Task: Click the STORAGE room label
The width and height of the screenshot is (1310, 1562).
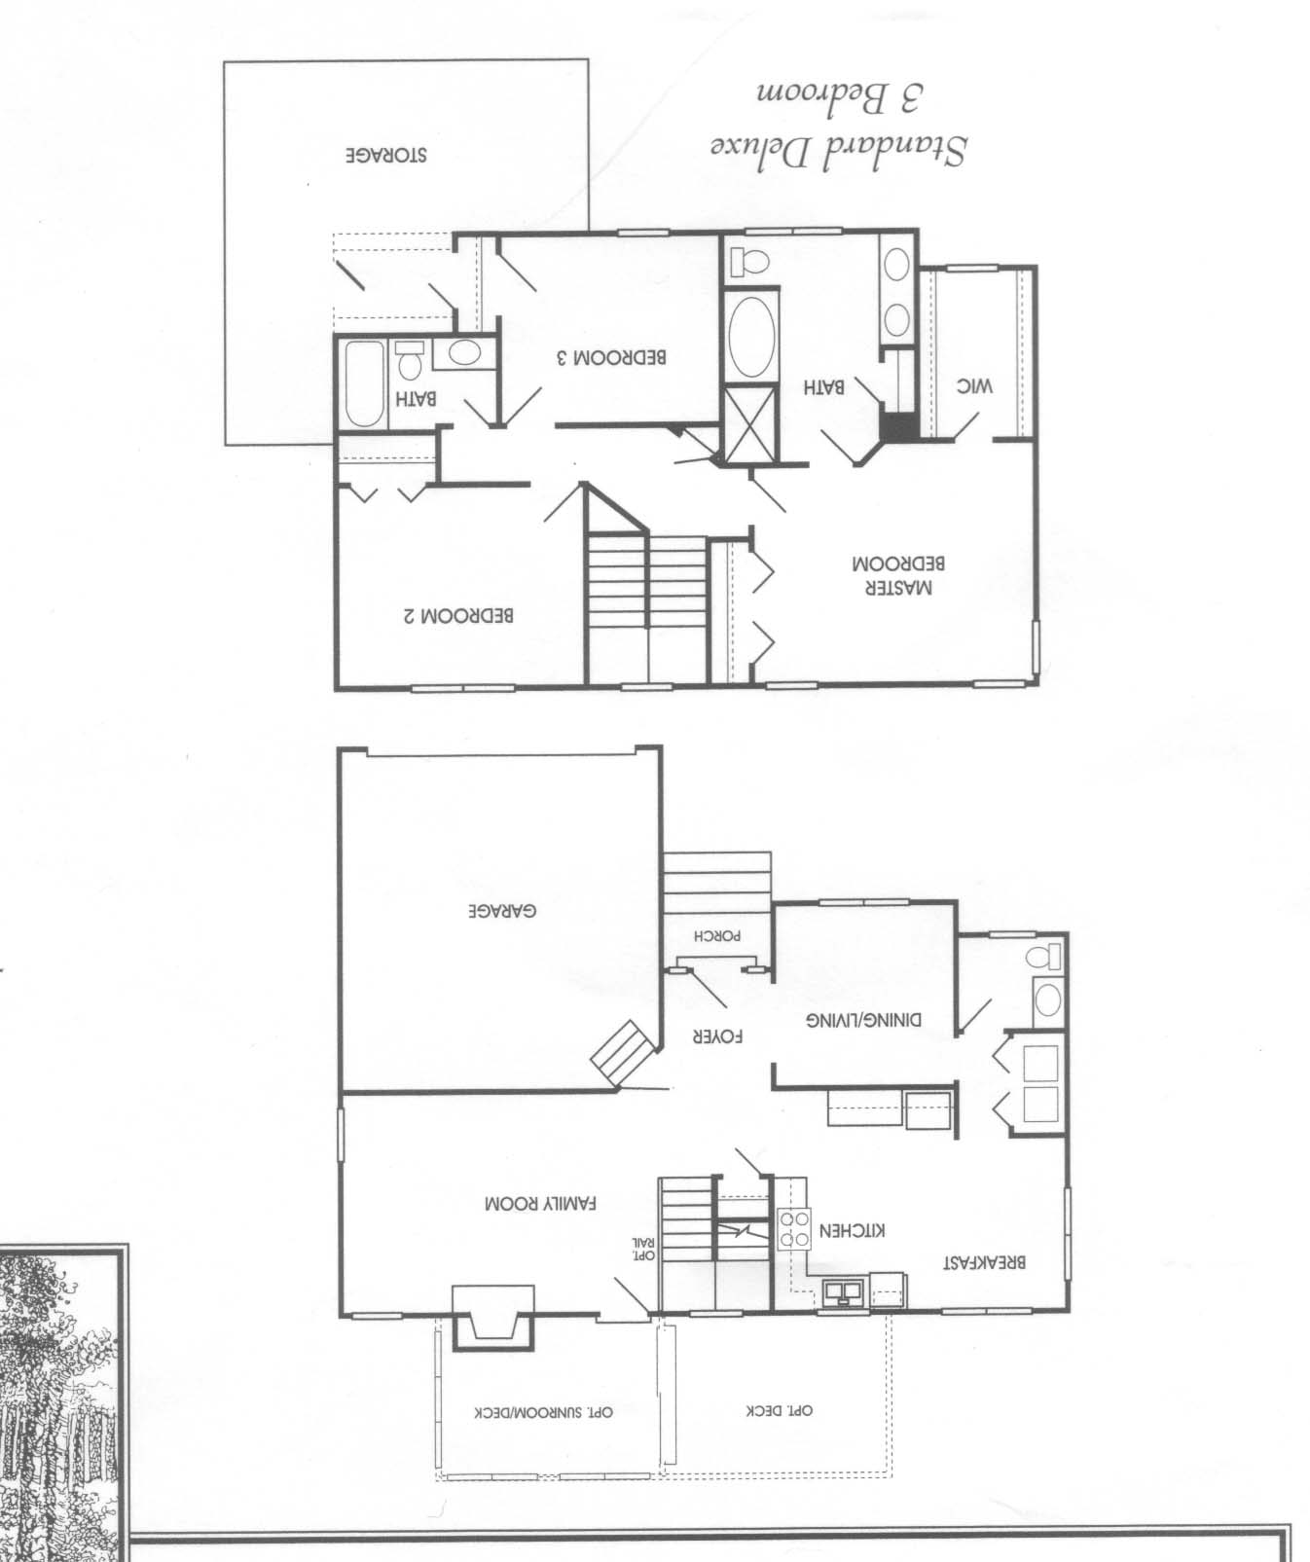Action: pos(386,156)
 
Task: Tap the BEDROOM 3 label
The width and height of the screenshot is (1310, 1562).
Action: pos(611,356)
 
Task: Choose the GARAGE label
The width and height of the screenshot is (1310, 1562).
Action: pos(502,912)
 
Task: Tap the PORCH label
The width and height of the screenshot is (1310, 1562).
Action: pos(718,936)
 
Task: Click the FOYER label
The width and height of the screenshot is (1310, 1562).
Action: pos(717,1037)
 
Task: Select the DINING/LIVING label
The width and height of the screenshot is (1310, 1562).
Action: pos(863,1021)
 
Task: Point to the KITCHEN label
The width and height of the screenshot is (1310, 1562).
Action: pos(854,1230)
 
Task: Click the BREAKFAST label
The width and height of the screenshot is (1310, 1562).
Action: pos(985,1263)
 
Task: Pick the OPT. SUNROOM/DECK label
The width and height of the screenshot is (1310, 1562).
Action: pos(544,1412)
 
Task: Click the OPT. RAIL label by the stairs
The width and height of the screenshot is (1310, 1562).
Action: pos(644,1249)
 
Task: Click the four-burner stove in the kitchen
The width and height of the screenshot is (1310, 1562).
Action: pos(793,1228)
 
